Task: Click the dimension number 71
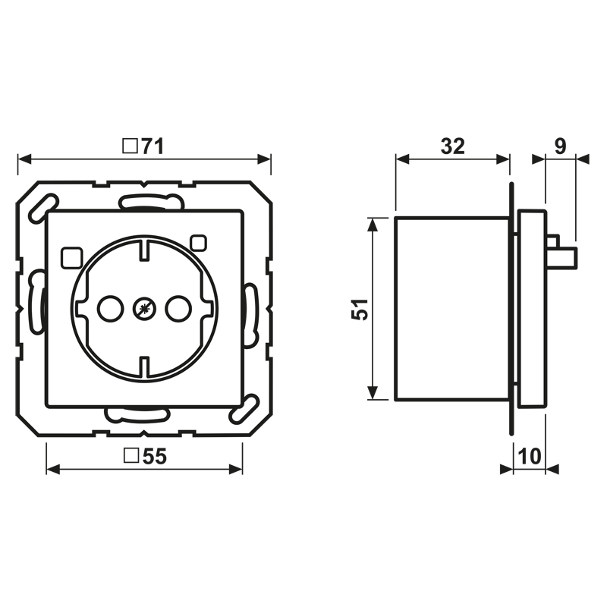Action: pyautogui.click(x=153, y=146)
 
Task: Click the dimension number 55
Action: pyautogui.click(x=155, y=456)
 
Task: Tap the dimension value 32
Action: pyautogui.click(x=452, y=146)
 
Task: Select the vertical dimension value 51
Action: pyautogui.click(x=360, y=309)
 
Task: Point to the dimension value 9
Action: pyautogui.click(x=560, y=146)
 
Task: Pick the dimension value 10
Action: pyautogui.click(x=529, y=456)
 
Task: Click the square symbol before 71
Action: pyautogui.click(x=130, y=146)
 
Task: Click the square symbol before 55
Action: pyautogui.click(x=131, y=456)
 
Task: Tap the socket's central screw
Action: pyautogui.click(x=144, y=309)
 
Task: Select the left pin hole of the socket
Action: pyautogui.click(x=111, y=309)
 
